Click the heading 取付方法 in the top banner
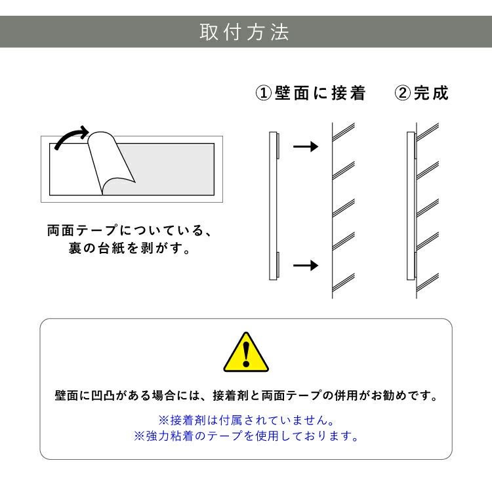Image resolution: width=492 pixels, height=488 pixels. [x=245, y=32]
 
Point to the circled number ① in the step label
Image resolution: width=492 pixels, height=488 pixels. [x=263, y=93]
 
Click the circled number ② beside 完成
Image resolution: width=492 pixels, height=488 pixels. [x=402, y=93]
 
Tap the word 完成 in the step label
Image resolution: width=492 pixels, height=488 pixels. [x=432, y=93]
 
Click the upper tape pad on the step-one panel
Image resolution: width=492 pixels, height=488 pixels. [x=279, y=146]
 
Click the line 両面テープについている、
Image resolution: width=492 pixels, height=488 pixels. [x=129, y=232]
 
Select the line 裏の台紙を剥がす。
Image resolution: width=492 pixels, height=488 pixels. [x=129, y=250]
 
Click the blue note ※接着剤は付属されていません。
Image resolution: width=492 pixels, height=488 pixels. [x=246, y=419]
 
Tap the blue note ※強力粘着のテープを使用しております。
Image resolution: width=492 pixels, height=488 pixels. [x=246, y=436]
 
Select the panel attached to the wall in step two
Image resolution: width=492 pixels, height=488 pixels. [x=411, y=205]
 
